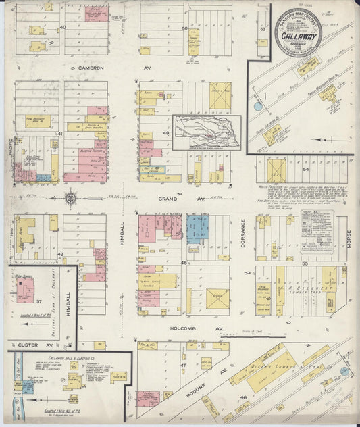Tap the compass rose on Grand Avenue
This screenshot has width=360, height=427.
click(70, 198)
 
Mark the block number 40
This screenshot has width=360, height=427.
click(62, 28)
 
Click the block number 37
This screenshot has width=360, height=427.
click(38, 302)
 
